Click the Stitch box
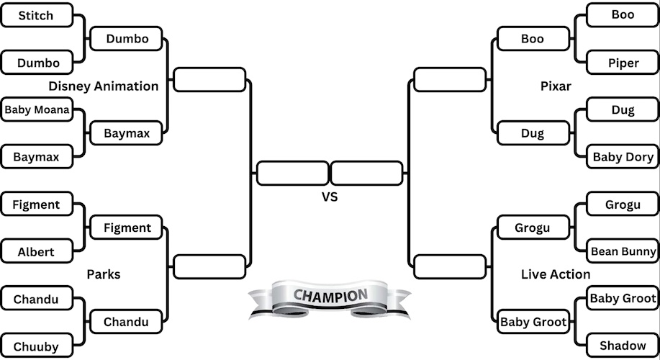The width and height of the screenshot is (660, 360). point(37,15)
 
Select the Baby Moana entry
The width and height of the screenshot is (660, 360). point(37,110)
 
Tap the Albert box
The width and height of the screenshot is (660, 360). point(37,252)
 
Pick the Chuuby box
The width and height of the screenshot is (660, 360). point(37,346)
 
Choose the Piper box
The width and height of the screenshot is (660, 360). point(623,63)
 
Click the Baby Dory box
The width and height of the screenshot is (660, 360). point(623,157)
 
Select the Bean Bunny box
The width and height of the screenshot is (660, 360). point(623,251)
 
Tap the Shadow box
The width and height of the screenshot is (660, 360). point(623,346)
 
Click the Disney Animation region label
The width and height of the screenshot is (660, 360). point(104,86)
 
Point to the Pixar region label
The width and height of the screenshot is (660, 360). point(556,86)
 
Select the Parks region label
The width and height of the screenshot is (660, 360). point(104,274)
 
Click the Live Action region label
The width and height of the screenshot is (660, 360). point(556,274)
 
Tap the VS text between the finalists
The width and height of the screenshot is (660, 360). point(330,196)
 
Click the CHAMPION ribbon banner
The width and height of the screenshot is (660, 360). point(330,296)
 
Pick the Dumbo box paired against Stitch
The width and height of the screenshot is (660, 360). point(37,63)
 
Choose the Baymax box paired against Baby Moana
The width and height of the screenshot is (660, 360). point(37,156)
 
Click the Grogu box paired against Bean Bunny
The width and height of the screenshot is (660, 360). point(623,204)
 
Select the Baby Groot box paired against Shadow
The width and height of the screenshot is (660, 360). point(623,298)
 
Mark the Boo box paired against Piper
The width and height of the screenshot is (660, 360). point(623,15)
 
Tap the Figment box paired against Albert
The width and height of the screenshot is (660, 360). point(37,204)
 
